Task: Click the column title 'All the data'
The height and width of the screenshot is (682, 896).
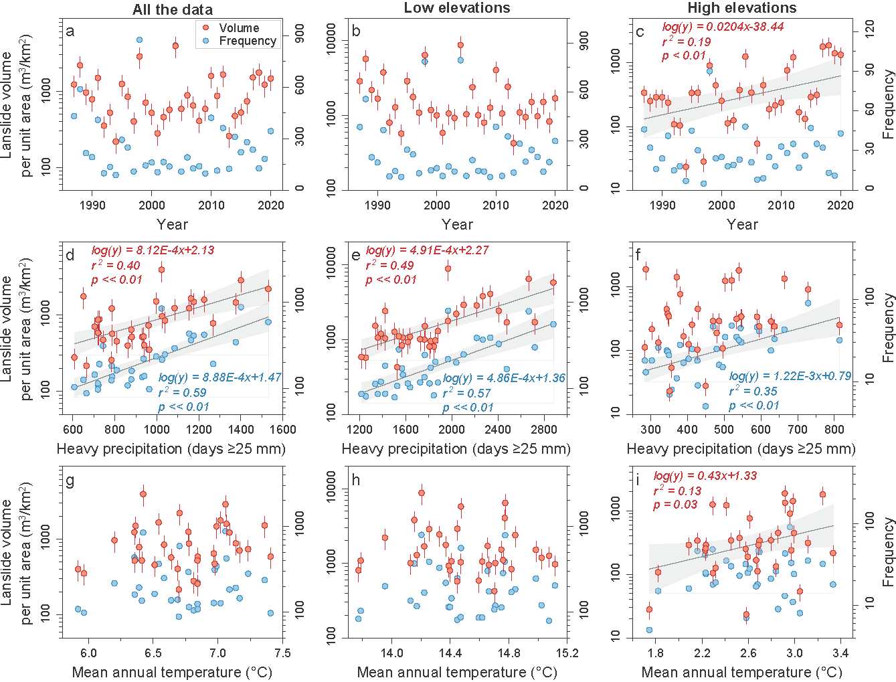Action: point(173,9)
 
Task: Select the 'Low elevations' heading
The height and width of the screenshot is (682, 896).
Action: point(457,8)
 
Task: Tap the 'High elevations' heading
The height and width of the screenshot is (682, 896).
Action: point(742,8)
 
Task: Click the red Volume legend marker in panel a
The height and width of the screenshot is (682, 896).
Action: point(207,28)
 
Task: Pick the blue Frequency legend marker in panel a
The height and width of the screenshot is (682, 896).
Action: point(207,41)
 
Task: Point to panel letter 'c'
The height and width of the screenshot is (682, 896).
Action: point(640,31)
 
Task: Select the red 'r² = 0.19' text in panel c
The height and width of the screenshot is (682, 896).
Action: point(686,41)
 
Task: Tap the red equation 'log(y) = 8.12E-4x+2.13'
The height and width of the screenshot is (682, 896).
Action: point(153,250)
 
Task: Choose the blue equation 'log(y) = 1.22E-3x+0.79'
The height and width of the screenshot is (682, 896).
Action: point(790,376)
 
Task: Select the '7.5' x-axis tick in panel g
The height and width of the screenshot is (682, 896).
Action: point(282,653)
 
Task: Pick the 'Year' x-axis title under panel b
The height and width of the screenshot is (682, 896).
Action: point(457,224)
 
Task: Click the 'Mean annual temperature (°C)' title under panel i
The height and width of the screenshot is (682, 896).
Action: point(741,671)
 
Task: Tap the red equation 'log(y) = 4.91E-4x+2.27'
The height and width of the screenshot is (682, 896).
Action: point(427,250)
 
